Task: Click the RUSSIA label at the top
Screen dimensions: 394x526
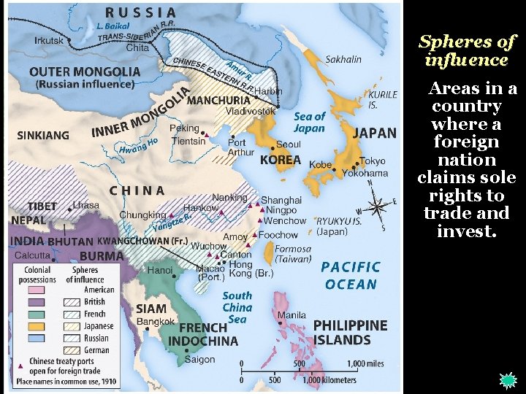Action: pyautogui.click(x=141, y=12)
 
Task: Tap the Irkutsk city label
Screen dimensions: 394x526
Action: pyautogui.click(x=49, y=40)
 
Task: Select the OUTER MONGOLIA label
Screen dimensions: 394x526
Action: pyautogui.click(x=85, y=72)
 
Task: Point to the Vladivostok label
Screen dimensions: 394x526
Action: pyautogui.click(x=250, y=111)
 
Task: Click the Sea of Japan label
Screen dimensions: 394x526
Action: pyautogui.click(x=309, y=122)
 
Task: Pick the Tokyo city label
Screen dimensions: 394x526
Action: pyautogui.click(x=372, y=161)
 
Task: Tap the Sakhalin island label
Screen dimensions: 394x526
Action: pyautogui.click(x=343, y=59)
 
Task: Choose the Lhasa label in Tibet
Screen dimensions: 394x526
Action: pyautogui.click(x=85, y=206)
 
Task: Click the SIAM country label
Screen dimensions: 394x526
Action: pyautogui.click(x=151, y=309)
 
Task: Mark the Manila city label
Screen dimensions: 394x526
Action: pyautogui.click(x=291, y=315)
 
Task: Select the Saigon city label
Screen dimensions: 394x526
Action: pyautogui.click(x=199, y=359)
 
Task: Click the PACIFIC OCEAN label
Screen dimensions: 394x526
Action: pyautogui.click(x=351, y=276)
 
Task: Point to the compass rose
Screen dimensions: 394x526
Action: pyautogui.click(x=378, y=206)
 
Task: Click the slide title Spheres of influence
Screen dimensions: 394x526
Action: pyautogui.click(x=467, y=50)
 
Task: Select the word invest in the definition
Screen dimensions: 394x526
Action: pyautogui.click(x=465, y=232)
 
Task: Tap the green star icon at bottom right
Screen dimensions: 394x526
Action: pyautogui.click(x=507, y=380)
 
